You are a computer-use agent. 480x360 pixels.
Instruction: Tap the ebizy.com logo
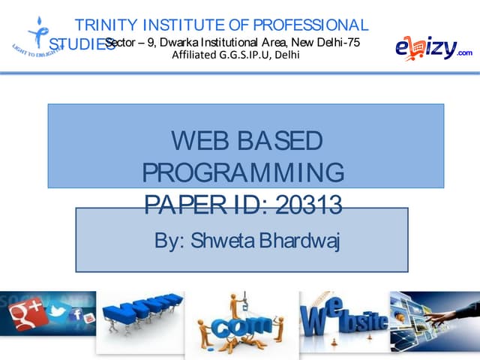point(433,47)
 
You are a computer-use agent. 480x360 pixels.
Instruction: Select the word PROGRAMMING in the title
point(243,172)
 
